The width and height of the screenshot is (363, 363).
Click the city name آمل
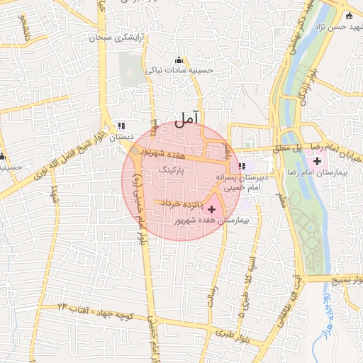[187, 118]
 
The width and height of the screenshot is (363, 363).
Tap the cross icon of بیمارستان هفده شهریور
[211, 209]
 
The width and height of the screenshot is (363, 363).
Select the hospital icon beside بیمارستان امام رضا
[317, 163]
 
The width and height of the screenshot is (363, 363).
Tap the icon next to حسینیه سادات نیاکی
[178, 60]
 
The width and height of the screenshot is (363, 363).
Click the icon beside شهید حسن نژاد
[349, 16]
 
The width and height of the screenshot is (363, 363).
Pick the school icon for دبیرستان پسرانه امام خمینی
[242, 165]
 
